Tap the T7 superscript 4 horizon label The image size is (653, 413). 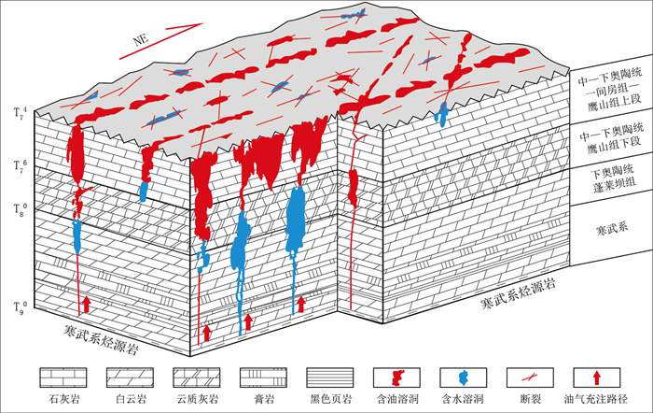click(19, 113)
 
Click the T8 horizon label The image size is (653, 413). click(19, 208)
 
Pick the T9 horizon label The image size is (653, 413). click(19, 305)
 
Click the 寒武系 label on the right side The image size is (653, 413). click(606, 228)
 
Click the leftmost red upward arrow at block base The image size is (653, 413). click(86, 303)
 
